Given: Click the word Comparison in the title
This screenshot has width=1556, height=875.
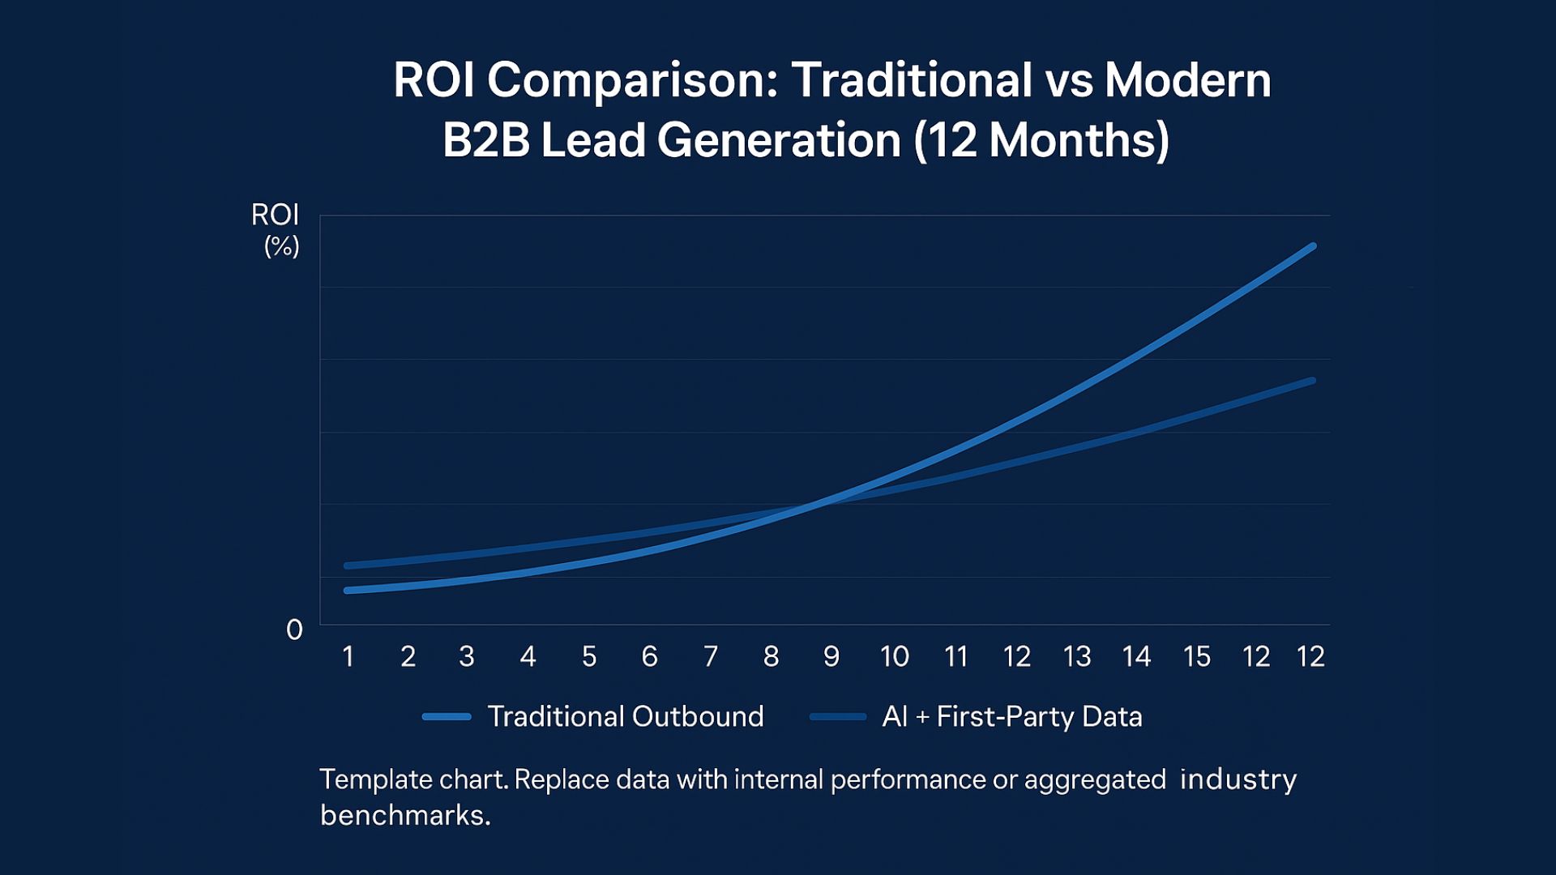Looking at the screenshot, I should click(632, 81).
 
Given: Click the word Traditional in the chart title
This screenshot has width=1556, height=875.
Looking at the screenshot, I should click(912, 81).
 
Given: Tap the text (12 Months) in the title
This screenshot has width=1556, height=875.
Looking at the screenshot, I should click(1041, 140).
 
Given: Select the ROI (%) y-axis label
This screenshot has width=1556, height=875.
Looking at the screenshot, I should click(276, 229).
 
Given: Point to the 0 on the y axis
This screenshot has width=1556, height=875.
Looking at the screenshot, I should click(294, 630).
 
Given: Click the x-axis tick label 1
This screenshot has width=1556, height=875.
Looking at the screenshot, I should click(348, 656).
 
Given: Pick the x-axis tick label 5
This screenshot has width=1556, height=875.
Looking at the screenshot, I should click(589, 656).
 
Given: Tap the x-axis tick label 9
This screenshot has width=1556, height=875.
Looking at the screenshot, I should click(831, 656).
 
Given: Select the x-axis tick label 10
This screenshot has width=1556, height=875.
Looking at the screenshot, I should click(895, 656).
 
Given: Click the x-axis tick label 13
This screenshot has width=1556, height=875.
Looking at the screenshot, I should click(1077, 656).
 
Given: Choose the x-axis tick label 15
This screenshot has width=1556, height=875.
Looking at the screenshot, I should click(1197, 656).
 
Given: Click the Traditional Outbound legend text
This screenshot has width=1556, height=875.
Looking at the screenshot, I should click(625, 716).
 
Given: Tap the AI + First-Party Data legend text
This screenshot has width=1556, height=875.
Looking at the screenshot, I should click(1011, 716).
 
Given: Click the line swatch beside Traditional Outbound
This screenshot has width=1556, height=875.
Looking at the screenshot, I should click(447, 716).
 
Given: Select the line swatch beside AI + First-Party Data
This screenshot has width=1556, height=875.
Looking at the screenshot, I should click(838, 716).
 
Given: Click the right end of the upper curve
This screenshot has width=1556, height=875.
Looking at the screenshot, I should click(1312, 246).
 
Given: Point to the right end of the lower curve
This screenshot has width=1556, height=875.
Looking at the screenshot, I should click(1312, 381).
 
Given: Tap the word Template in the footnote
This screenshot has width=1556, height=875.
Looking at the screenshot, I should click(374, 779).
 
